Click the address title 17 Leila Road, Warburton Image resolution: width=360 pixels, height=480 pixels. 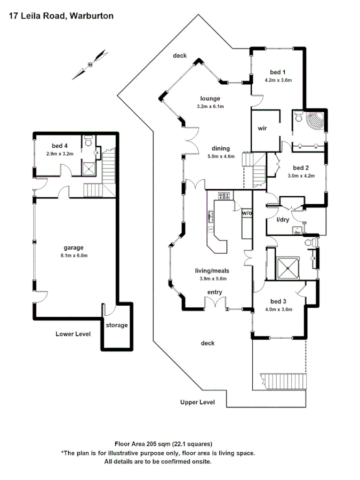[61, 16]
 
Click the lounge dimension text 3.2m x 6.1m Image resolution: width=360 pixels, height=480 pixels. [210, 107]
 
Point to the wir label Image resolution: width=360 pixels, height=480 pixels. [262, 129]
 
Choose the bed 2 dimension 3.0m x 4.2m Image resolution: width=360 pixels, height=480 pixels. [302, 175]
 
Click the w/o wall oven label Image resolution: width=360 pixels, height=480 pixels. [246, 212]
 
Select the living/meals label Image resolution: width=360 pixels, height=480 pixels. [211, 271]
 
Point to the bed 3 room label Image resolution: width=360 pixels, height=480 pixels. [278, 301]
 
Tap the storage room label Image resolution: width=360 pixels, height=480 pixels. [117, 325]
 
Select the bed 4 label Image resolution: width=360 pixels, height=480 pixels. [59, 146]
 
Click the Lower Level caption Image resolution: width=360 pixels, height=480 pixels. [73, 334]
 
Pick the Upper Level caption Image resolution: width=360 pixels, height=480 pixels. [197, 402]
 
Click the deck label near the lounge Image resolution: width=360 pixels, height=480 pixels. [179, 55]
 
